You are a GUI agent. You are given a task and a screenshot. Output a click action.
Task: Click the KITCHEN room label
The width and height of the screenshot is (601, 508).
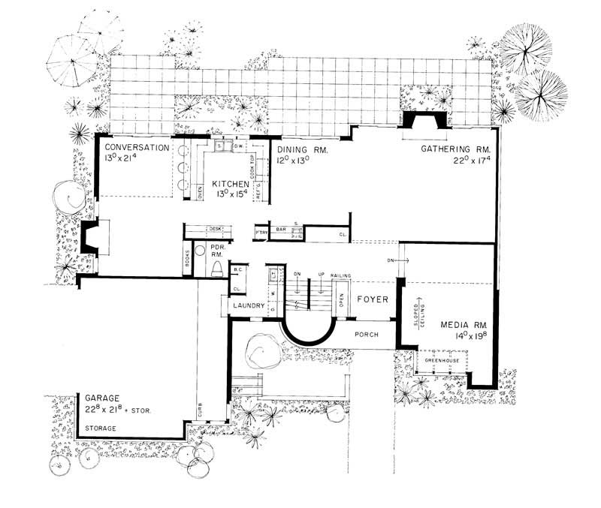click(x=231, y=183)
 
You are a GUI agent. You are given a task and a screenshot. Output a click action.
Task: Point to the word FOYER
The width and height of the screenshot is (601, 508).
click(x=372, y=299)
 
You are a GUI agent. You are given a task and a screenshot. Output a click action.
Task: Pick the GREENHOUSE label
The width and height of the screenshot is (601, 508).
click(x=441, y=360)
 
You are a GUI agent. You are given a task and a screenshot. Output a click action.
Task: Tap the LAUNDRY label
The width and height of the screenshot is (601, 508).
click(x=247, y=306)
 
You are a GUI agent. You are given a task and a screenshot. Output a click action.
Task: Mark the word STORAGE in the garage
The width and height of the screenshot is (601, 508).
click(x=100, y=428)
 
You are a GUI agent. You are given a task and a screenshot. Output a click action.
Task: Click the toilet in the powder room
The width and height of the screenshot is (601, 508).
click(x=216, y=268)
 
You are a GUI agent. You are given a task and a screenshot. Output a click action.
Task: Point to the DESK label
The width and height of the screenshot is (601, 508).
click(x=216, y=228)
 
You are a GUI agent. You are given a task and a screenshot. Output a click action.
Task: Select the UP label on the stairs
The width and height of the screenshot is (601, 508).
click(x=321, y=274)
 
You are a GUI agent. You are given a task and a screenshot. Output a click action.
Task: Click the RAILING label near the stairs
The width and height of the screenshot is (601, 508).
click(x=341, y=275)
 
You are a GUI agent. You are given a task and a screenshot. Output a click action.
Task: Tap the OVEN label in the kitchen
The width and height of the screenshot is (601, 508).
click(x=200, y=193)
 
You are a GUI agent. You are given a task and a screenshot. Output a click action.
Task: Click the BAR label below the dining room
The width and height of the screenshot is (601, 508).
click(x=282, y=228)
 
